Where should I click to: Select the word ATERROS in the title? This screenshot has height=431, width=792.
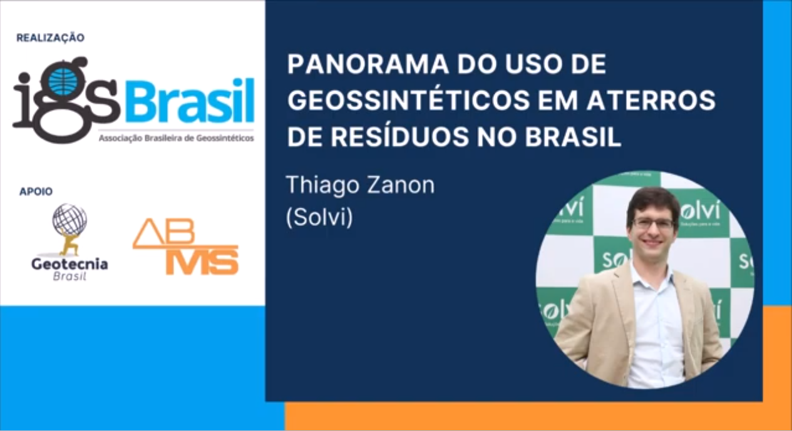point(651,100)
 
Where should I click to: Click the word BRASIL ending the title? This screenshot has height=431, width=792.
point(573,137)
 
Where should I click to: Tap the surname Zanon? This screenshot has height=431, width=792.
point(401,185)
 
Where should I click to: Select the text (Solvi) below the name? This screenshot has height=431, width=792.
point(320,217)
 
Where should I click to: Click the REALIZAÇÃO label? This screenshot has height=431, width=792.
point(51,38)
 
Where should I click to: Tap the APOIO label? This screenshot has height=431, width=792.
point(36,191)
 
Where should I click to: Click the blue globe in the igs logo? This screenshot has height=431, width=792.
point(63,81)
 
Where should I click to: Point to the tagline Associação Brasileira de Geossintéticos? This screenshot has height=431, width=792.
point(176,138)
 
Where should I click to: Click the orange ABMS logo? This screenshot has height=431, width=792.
point(185,246)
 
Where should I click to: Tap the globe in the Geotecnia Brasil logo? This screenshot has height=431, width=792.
point(69,220)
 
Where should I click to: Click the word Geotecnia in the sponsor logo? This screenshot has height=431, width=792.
point(69,264)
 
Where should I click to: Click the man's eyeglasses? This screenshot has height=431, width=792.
point(653,223)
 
